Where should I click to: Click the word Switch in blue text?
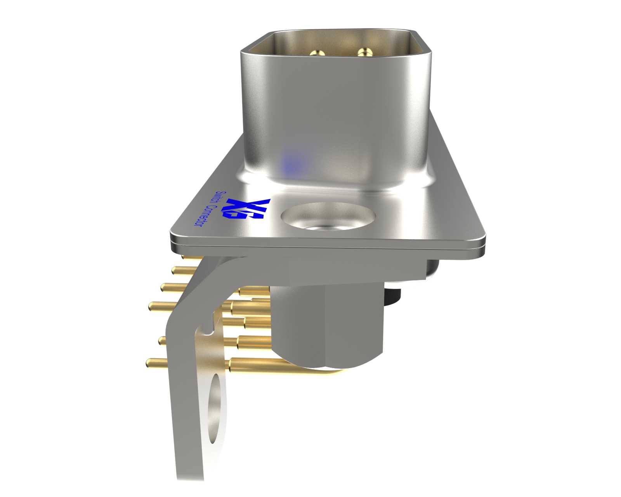(x=220, y=198)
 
